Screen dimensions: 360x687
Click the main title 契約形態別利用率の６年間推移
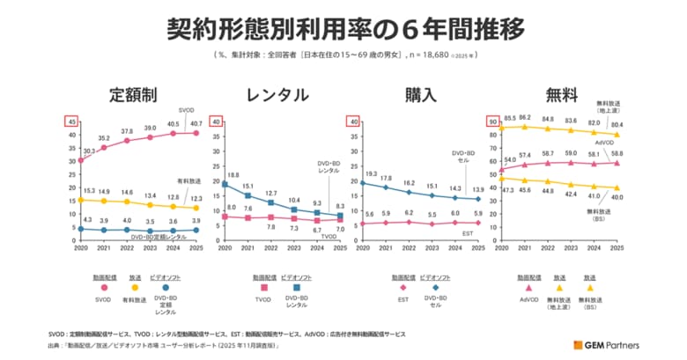point(343,29)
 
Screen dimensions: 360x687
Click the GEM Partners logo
point(608,343)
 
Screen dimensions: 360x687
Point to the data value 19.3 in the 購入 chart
point(372,173)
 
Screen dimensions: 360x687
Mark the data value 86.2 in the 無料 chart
point(525,117)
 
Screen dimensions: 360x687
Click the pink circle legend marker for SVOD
point(104,288)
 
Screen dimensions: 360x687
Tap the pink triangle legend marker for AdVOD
point(528,288)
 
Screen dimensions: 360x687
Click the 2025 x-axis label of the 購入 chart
point(476,249)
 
